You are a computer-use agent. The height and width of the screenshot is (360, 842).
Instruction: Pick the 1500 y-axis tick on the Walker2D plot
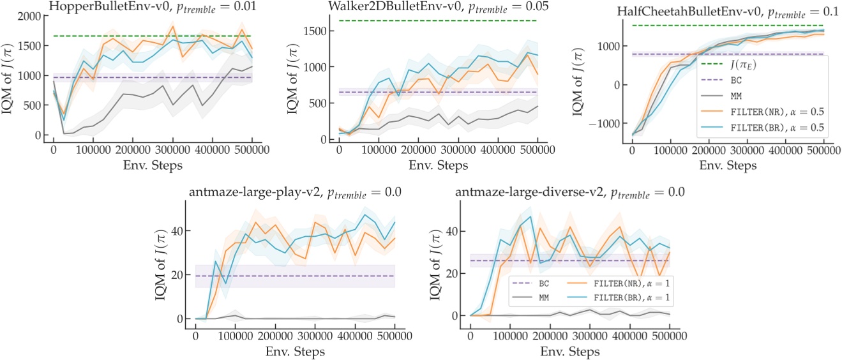click(322, 31)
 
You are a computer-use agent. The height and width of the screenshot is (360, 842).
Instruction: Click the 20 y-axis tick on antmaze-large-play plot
click(182, 275)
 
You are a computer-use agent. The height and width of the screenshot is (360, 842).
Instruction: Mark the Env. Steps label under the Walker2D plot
click(437, 165)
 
